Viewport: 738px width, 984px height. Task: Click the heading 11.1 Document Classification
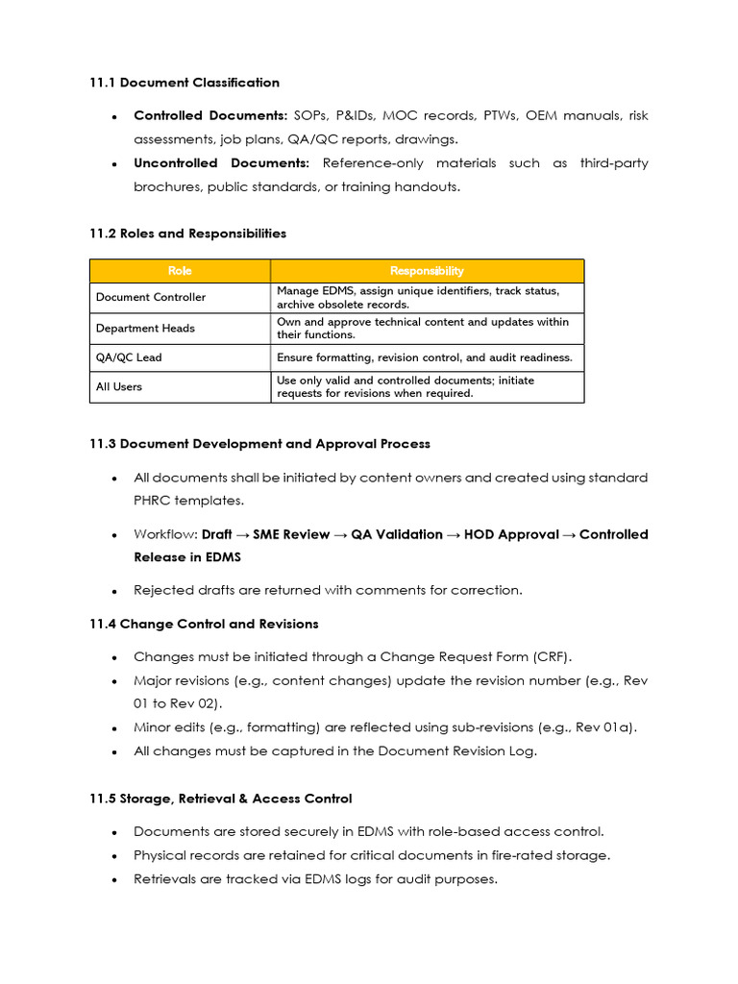coord(184,83)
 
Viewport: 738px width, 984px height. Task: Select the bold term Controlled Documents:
coord(196,115)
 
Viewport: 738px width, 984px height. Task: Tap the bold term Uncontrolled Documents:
coord(221,163)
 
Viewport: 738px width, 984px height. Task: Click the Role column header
coord(180,271)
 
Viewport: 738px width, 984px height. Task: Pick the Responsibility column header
coord(427,271)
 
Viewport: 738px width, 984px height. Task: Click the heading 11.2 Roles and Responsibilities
coord(187,234)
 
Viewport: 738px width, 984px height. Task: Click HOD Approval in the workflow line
coord(511,534)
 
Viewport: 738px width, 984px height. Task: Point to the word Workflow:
coord(165,534)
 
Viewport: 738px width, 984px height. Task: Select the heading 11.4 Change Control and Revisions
coord(204,624)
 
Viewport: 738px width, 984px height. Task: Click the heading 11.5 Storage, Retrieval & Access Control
coord(221,799)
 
